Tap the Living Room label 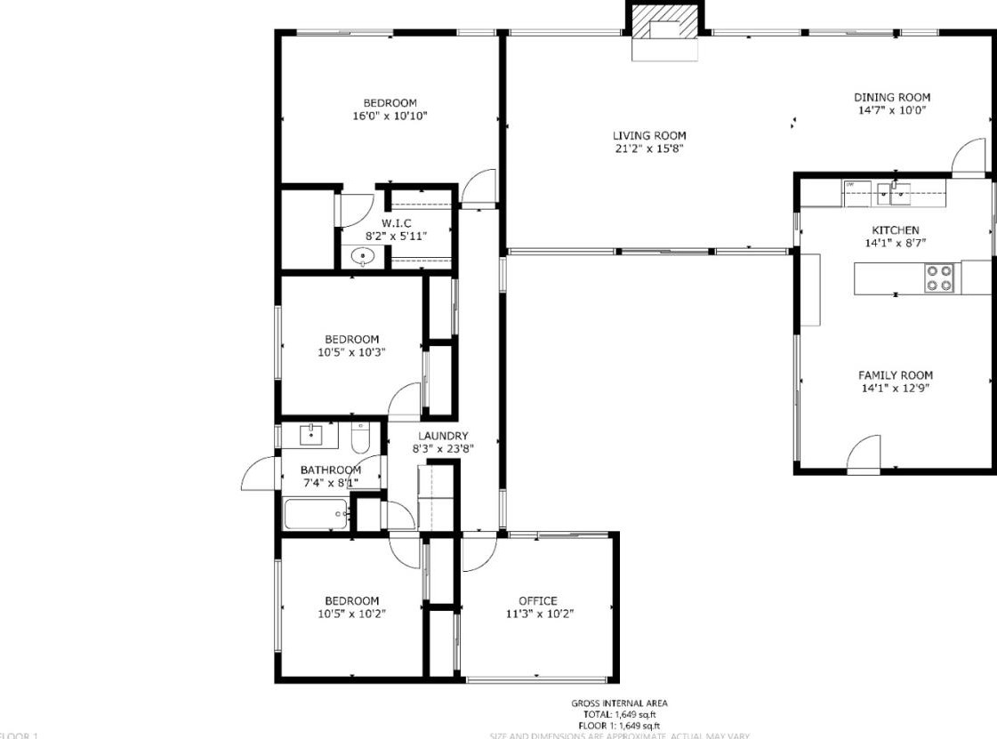point(649,136)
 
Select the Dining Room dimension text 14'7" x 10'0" point(892,110)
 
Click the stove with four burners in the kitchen point(939,277)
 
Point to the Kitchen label point(895,230)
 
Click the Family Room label point(895,375)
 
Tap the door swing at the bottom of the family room point(864,452)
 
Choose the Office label point(537,601)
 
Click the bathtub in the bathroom point(316,513)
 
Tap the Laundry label point(442,436)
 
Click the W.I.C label point(397,223)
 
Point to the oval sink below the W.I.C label point(363,257)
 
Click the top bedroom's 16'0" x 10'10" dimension point(390,116)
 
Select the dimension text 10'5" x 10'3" point(351,351)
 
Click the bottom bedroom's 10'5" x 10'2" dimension point(351,613)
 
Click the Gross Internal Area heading point(619,703)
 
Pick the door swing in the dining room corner point(969,157)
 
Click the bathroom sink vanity point(310,435)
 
